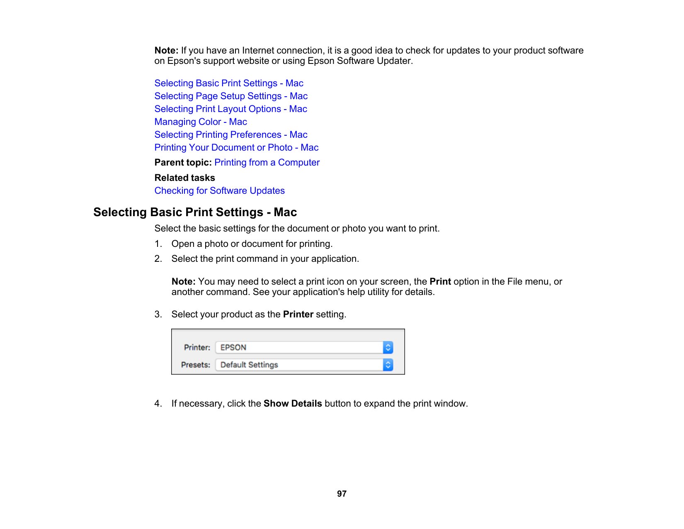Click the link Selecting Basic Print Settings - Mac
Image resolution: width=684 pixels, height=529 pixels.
pyautogui.click(x=229, y=83)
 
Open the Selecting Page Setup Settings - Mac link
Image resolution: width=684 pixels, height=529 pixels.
pyautogui.click(x=231, y=96)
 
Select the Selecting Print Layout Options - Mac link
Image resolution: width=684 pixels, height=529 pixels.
pyautogui.click(x=230, y=109)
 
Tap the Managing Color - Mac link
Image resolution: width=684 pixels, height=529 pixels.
pyautogui.click(x=201, y=122)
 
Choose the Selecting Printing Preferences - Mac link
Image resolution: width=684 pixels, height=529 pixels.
pyautogui.click(x=231, y=135)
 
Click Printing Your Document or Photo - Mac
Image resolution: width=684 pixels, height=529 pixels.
pyautogui.click(x=236, y=148)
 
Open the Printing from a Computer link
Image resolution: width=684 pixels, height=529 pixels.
pyautogui.click(x=267, y=163)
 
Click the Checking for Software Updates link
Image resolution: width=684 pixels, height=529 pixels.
pyautogui.click(x=219, y=191)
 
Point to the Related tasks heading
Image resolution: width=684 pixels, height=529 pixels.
pyautogui.click(x=184, y=178)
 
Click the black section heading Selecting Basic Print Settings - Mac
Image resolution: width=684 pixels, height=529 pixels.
pyautogui.click(x=195, y=212)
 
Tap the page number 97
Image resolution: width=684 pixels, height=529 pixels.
pyautogui.click(x=342, y=494)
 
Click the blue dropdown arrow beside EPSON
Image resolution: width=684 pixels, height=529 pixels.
pyautogui.click(x=388, y=348)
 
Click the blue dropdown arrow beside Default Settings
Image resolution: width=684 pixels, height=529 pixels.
pyautogui.click(x=388, y=365)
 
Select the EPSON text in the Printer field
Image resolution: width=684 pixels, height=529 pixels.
pyautogui.click(x=233, y=348)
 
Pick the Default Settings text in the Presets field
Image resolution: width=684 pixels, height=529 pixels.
pyautogui.click(x=249, y=365)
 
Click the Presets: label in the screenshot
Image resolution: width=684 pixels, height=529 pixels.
pyautogui.click(x=196, y=365)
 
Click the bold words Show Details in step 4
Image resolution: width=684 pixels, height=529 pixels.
pyautogui.click(x=293, y=404)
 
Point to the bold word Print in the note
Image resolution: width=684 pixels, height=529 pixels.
pyautogui.click(x=440, y=282)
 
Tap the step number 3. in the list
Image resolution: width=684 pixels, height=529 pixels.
pyautogui.click(x=158, y=314)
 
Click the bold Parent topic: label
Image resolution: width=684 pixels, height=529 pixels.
pyautogui.click(x=183, y=163)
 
